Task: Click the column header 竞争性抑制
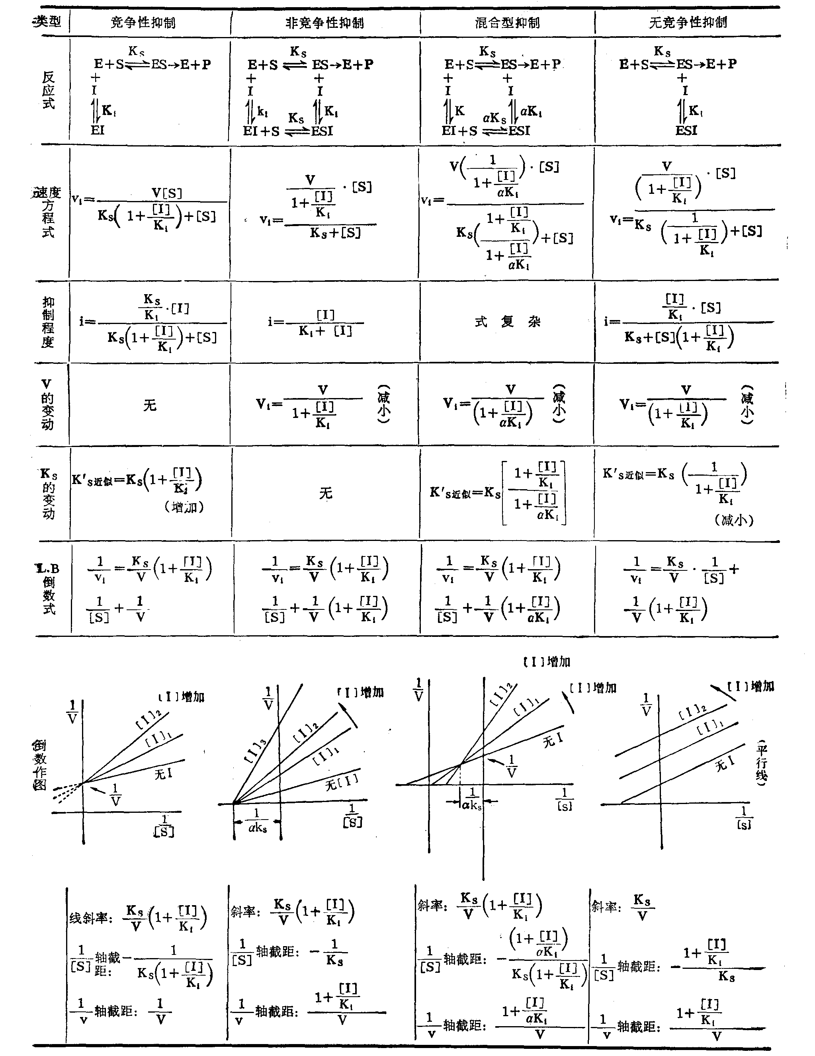(x=143, y=23)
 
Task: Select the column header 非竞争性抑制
(x=324, y=23)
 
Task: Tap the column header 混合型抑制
(x=507, y=23)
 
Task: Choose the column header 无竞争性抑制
(x=687, y=23)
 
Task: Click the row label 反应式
(x=48, y=90)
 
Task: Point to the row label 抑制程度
(x=48, y=322)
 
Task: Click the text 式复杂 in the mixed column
(x=507, y=322)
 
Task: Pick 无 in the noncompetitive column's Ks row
(x=326, y=493)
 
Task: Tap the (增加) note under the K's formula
(x=184, y=507)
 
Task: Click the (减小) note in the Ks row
(x=734, y=520)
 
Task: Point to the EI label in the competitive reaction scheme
(x=97, y=130)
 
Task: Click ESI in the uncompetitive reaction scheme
(x=686, y=130)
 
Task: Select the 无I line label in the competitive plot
(x=164, y=774)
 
